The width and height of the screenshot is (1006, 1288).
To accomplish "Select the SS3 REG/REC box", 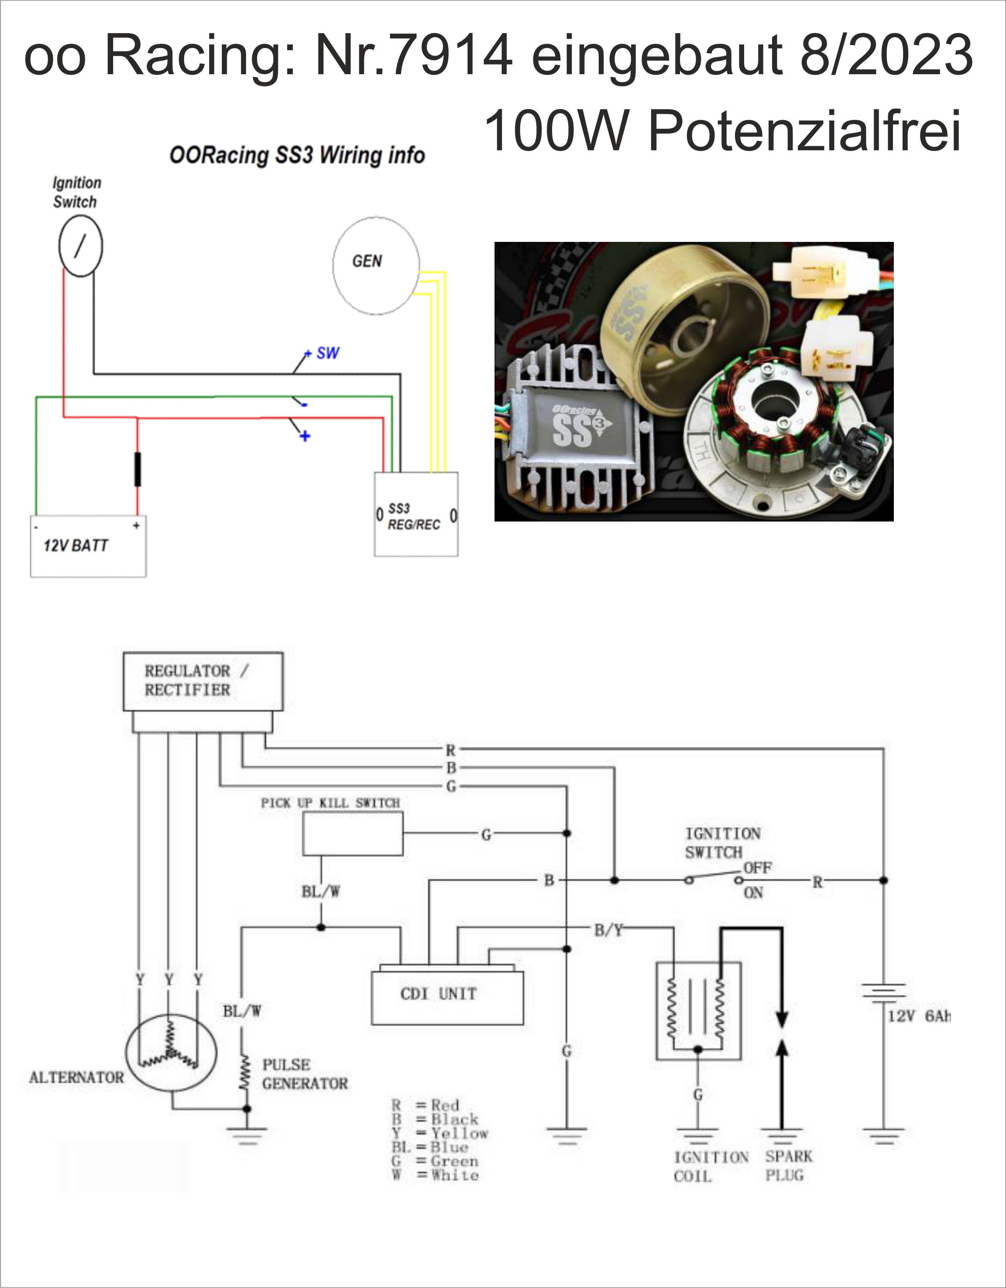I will tap(416, 514).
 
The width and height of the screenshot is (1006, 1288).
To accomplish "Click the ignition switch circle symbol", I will tap(80, 246).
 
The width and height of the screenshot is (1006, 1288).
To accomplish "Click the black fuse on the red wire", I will tap(137, 469).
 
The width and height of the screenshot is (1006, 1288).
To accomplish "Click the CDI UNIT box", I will tap(447, 997).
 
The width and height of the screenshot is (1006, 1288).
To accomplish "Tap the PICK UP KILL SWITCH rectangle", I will tap(353, 833).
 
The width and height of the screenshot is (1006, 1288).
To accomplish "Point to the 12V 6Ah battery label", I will tap(919, 1016).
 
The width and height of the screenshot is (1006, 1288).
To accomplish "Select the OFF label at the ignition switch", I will tap(757, 868).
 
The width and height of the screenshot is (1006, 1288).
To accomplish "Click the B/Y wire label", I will tap(608, 930).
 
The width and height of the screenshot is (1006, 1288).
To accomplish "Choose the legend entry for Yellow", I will tap(440, 1133).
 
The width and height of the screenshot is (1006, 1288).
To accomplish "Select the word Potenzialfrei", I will tap(804, 131).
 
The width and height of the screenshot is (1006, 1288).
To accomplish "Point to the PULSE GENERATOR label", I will tap(304, 1074).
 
